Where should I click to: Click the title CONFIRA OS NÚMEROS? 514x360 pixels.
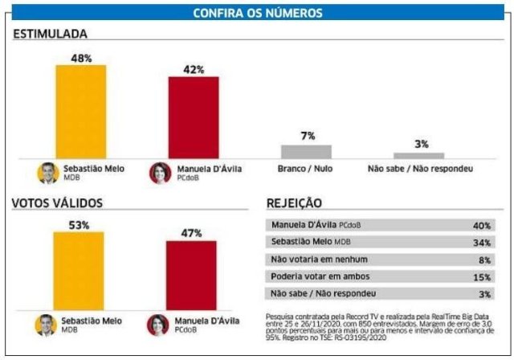(x=257, y=13)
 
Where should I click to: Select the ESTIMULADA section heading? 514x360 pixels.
(x=51, y=34)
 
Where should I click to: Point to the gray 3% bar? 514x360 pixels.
(x=418, y=155)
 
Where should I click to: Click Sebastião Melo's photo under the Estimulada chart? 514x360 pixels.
(x=48, y=173)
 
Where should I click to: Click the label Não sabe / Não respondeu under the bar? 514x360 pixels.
(x=419, y=170)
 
